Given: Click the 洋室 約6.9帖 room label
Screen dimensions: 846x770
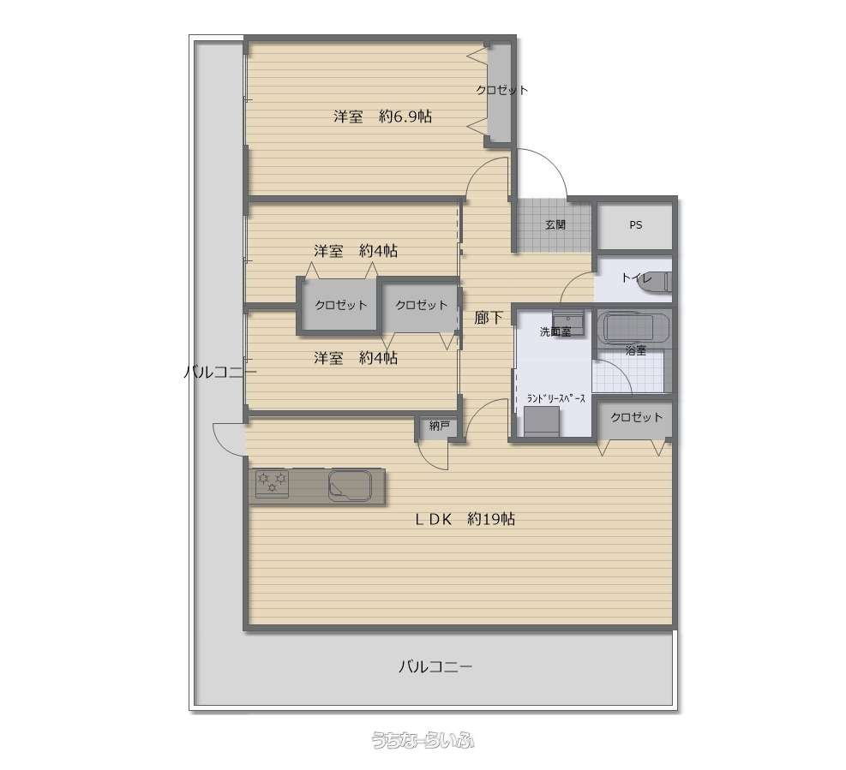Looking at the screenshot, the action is pyautogui.click(x=382, y=116).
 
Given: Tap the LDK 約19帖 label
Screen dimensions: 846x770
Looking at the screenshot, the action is pyautogui.click(x=465, y=519).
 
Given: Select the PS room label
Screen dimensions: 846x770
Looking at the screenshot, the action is pyautogui.click(x=636, y=225).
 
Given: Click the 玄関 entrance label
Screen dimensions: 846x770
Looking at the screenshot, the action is pyautogui.click(x=555, y=225).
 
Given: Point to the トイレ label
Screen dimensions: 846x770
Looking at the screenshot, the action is pyautogui.click(x=637, y=278).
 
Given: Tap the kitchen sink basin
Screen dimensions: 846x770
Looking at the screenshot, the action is pyautogui.click(x=350, y=486).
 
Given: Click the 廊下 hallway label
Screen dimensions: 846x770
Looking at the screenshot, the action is pyautogui.click(x=489, y=318).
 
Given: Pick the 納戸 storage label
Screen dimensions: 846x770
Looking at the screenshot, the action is pyautogui.click(x=439, y=427).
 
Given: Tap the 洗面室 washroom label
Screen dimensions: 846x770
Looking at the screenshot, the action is pyautogui.click(x=555, y=332).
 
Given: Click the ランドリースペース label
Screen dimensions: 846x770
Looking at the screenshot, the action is pyautogui.click(x=556, y=399).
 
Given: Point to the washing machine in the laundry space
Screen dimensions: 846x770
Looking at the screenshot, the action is pyautogui.click(x=542, y=421).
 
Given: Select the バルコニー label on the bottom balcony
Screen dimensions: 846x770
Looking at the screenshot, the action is pyautogui.click(x=435, y=667).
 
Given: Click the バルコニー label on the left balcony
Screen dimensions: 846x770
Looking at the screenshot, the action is pyautogui.click(x=220, y=372).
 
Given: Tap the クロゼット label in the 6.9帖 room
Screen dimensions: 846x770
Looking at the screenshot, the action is pyautogui.click(x=501, y=90).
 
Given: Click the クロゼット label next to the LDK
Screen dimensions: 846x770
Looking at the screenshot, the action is pyautogui.click(x=637, y=417).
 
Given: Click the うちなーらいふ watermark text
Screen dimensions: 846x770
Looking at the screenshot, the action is pyautogui.click(x=423, y=740).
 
